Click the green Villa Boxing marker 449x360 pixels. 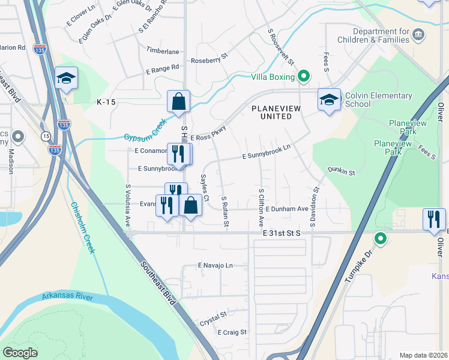pos(304,76)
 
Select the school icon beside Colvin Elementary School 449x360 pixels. pos(329,100)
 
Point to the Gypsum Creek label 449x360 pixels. pos(145,130)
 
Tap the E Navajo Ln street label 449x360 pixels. pos(215,265)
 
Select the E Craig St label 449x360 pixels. pos(232,332)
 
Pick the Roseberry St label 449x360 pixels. pos(209,60)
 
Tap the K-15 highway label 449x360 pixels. pos(106,103)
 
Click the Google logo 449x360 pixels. pos(20,353)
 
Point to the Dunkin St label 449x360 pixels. pos(342,172)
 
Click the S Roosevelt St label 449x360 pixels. pos(281,47)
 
